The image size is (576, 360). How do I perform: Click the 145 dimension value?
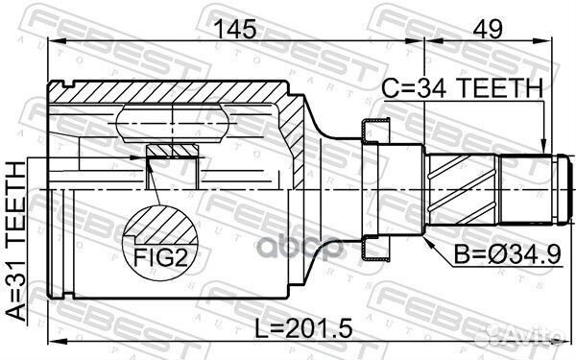[235, 30]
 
